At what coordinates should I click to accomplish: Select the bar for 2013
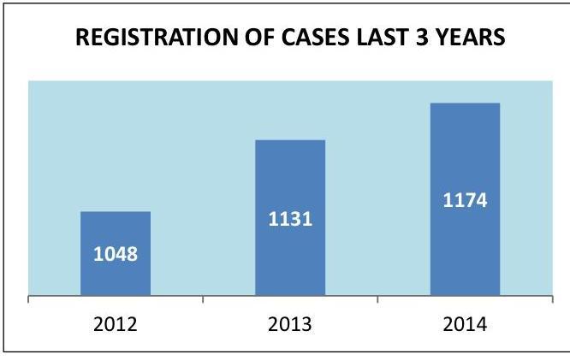coord(290,257)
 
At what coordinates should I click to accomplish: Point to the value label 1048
coord(116,254)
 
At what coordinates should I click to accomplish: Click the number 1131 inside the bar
coord(290,219)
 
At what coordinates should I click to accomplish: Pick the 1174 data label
coord(465,201)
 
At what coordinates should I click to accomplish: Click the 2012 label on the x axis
coord(116,325)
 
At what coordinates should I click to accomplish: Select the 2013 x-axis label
coord(290,325)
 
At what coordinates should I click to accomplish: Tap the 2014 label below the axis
coord(465,325)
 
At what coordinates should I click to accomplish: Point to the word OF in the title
coord(242,38)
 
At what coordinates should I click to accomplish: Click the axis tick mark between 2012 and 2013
coord(203,300)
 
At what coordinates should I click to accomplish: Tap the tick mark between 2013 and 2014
coord(377,300)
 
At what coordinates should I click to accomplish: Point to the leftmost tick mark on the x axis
coord(28,300)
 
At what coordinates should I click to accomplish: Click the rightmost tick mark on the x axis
coord(552,300)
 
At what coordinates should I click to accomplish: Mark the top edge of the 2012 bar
coord(116,212)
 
